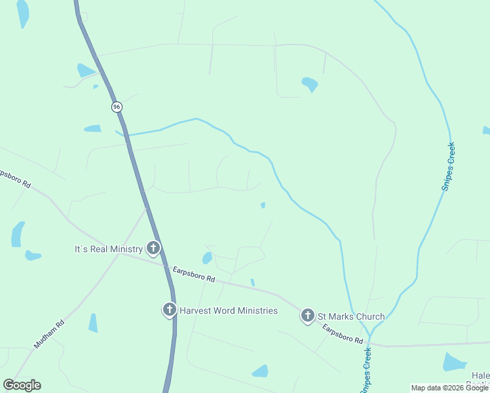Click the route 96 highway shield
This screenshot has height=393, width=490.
coord(117,106)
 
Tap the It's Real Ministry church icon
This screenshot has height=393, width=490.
coord(153,248)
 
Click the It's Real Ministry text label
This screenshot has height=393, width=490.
coord(108,249)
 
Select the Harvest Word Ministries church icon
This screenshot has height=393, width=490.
coord(169,310)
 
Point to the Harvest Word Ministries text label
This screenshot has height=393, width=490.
coord(229,310)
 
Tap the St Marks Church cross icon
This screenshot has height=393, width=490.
coord(307,316)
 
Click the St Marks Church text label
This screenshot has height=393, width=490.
coord(351,316)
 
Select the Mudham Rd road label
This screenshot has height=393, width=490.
coord(50,333)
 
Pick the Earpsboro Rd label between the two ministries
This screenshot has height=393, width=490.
coord(194,274)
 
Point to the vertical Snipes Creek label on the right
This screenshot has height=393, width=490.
coord(448,166)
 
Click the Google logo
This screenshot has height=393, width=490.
coord(22,385)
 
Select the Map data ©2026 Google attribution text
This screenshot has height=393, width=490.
coord(450,388)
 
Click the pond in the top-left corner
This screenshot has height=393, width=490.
coord(23,12)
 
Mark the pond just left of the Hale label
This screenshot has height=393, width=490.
coord(454,362)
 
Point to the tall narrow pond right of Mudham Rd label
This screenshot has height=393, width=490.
coord(93,322)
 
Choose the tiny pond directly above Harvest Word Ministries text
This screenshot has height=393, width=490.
coord(253,282)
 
